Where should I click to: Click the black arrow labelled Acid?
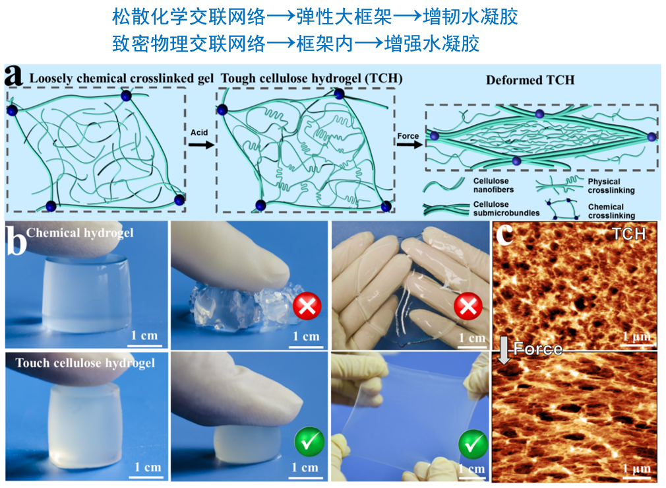(201, 145)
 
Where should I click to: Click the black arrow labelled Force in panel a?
(409, 144)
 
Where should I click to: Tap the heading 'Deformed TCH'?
(530, 80)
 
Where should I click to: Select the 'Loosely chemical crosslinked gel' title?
(121, 79)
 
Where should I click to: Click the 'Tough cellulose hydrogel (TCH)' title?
(311, 79)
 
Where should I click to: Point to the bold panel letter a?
(14, 76)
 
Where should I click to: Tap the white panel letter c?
(505, 234)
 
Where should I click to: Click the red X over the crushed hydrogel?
(307, 306)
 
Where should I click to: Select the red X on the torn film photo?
(468, 306)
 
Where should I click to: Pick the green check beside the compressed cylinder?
(309, 442)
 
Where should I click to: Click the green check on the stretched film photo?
(473, 444)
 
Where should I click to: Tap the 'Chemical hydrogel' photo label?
(80, 233)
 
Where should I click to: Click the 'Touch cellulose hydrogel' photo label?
(85, 363)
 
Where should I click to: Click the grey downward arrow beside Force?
(504, 351)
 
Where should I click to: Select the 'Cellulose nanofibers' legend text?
(493, 185)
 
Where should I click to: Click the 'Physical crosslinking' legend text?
(611, 186)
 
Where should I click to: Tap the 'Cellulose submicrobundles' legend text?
(506, 209)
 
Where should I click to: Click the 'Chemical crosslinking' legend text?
(611, 211)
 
